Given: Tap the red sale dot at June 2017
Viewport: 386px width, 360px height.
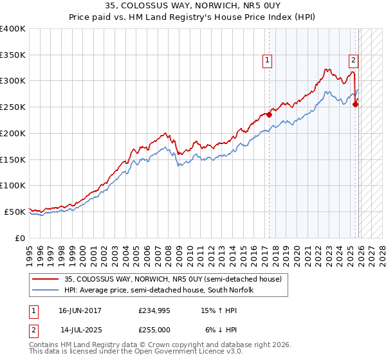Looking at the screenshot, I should pos(269,116).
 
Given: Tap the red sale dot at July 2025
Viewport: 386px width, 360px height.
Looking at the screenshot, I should pos(356,105).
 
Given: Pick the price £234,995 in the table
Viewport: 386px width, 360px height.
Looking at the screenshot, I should pos(153,310).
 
